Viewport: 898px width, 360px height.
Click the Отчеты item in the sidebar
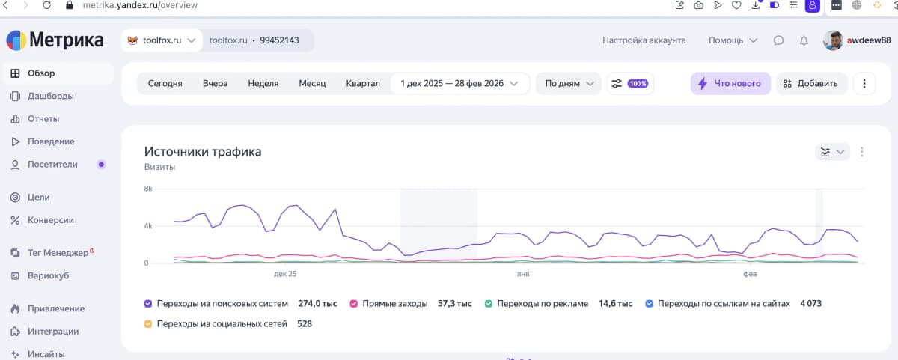tap(43, 119)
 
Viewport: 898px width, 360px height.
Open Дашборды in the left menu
tap(50, 96)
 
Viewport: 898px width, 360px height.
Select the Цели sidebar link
tap(38, 198)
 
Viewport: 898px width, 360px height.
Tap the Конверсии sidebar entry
tap(50, 220)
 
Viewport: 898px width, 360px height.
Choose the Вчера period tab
tap(215, 84)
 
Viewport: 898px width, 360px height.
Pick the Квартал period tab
tap(363, 84)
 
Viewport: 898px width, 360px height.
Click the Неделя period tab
tap(263, 84)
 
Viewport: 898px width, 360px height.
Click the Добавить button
tap(812, 84)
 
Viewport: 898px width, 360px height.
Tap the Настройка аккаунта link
tap(644, 40)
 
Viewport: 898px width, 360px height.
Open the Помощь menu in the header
tap(733, 40)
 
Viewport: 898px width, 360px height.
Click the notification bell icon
tap(804, 40)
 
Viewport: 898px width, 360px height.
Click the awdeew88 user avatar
tap(833, 40)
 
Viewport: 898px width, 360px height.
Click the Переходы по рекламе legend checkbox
tap(489, 304)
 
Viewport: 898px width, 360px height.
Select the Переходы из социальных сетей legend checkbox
tap(148, 324)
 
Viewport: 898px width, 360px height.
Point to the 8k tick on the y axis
tap(148, 189)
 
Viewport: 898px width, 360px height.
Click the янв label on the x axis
tap(523, 274)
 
